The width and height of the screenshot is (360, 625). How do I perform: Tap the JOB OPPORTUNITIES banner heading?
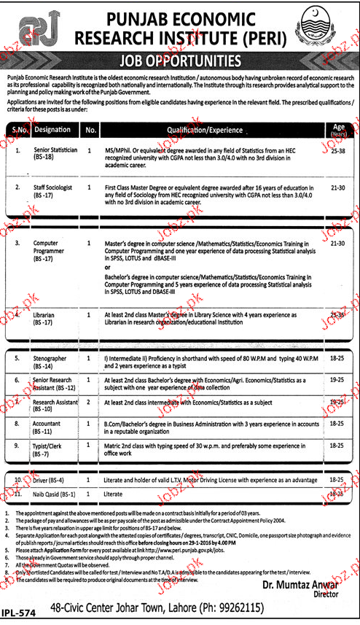pos(181,61)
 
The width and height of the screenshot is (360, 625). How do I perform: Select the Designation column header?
pos(52,130)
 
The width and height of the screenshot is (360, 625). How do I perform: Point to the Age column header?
pos(338,130)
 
